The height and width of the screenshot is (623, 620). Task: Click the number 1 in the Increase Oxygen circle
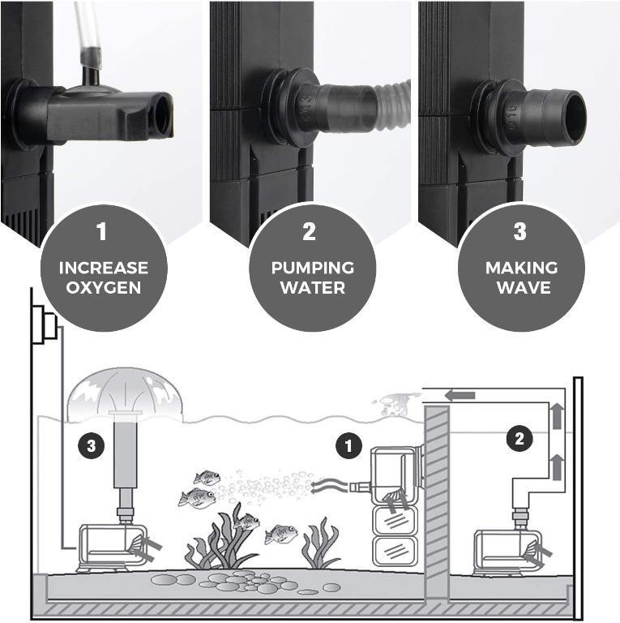tap(102, 232)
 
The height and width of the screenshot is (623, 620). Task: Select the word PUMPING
tap(312, 267)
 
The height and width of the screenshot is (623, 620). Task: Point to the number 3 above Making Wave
tap(520, 232)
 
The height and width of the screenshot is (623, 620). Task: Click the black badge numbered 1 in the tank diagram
tap(349, 445)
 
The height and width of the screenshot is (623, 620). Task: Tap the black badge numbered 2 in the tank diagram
tap(520, 439)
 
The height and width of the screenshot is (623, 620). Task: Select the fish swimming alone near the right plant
tap(280, 534)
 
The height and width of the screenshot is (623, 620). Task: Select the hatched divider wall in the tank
tap(437, 503)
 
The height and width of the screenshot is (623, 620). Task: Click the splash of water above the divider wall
tap(397, 404)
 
